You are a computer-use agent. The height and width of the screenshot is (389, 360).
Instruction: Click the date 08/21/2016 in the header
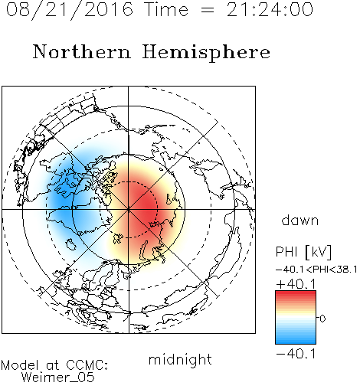pyautogui.click(x=70, y=10)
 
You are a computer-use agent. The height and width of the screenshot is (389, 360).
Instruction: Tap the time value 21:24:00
pyautogui.click(x=270, y=10)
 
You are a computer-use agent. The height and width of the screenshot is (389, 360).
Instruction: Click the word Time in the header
pyautogui.click(x=166, y=10)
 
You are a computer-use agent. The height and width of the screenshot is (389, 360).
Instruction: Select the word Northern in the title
pyautogui.click(x=82, y=52)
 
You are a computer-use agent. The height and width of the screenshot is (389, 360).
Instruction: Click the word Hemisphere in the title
pyautogui.click(x=206, y=53)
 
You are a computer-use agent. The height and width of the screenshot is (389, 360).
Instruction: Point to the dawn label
pyautogui.click(x=300, y=220)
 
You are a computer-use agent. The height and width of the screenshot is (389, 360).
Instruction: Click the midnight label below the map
pyautogui.click(x=180, y=359)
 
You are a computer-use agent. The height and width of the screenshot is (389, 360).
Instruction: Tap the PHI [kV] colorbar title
pyautogui.click(x=303, y=252)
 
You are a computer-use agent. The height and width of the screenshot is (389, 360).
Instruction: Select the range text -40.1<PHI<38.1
pyautogui.click(x=316, y=270)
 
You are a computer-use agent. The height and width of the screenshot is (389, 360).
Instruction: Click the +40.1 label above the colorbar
pyautogui.click(x=296, y=284)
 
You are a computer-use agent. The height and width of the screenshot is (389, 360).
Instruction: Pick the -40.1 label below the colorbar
pyautogui.click(x=296, y=354)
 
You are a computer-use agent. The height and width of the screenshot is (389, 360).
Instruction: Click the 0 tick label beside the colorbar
pyautogui.click(x=322, y=319)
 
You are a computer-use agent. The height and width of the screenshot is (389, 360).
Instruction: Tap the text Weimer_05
pyautogui.click(x=58, y=378)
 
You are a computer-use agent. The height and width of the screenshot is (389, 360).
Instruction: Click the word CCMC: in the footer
pyautogui.click(x=87, y=365)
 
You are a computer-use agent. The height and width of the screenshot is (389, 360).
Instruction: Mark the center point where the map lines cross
pyautogui.click(x=129, y=209)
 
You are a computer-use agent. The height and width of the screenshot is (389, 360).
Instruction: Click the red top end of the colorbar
pyautogui.click(x=296, y=293)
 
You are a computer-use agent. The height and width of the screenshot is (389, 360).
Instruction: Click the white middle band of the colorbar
pyautogui.click(x=296, y=318)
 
